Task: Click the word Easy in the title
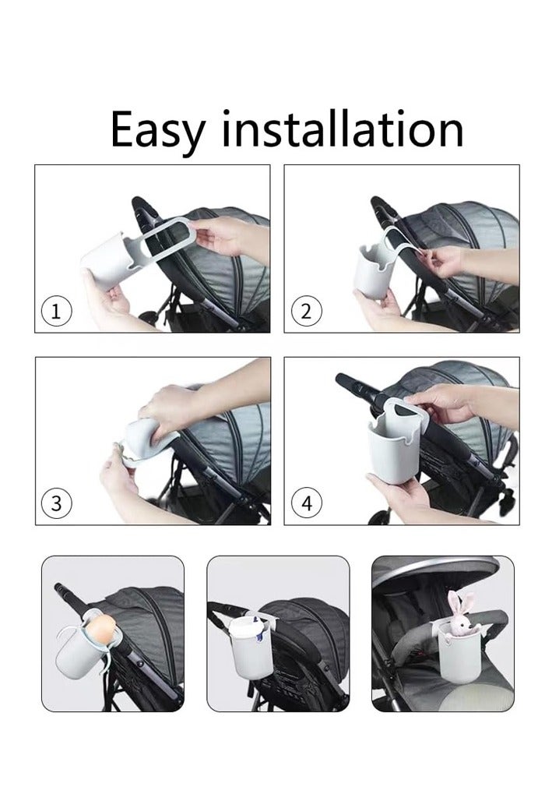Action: coord(157,130)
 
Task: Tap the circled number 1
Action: coord(56,311)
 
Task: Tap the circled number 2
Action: coord(306,311)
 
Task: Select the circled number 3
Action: coord(56,503)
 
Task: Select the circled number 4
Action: coord(306,503)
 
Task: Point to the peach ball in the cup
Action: coord(101,630)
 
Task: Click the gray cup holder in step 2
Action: coord(374,270)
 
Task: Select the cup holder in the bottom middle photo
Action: coord(251,647)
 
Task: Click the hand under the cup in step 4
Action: coord(399,497)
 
